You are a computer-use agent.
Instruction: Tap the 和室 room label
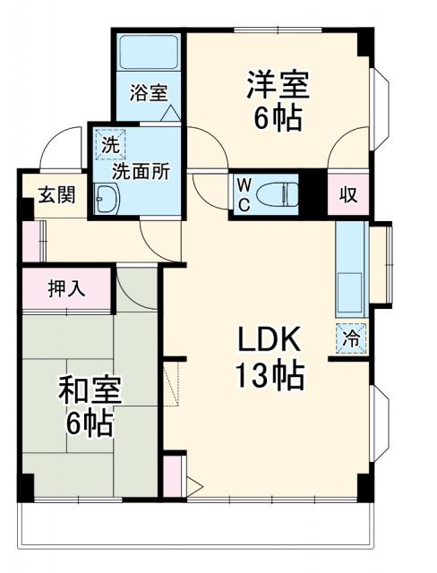point(90,391)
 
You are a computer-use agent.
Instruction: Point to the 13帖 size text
point(270,374)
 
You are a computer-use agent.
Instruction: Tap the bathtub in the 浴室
point(150,55)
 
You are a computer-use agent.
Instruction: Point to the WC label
point(244,191)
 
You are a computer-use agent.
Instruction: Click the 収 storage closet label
point(347,193)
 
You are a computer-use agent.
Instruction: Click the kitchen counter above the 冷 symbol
point(352,269)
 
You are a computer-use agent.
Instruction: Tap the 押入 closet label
point(65,288)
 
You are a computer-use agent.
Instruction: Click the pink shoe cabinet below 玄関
point(29,239)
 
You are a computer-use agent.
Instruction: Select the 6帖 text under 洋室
point(277,118)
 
